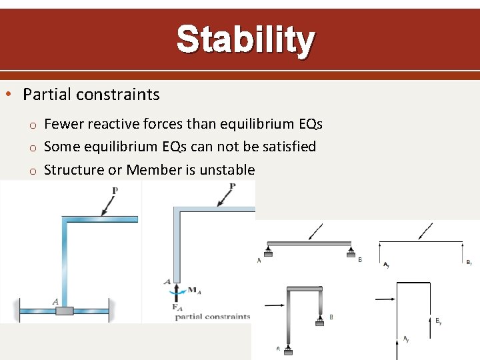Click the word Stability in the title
point(245,40)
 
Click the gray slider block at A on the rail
point(65,311)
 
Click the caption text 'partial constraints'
point(213,317)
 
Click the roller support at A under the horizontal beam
point(267,251)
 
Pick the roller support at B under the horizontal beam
point(350,251)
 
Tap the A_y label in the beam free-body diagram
point(386,265)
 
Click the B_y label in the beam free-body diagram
point(469,263)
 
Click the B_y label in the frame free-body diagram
point(438,321)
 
